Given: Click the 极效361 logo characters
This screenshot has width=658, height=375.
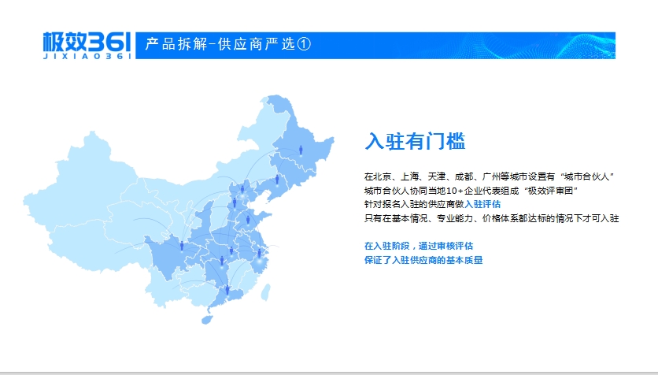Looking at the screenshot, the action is tap(87, 42).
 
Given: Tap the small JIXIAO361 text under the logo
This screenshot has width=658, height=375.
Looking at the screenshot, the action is tap(87, 56).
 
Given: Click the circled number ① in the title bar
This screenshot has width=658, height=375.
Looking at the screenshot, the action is tap(304, 43).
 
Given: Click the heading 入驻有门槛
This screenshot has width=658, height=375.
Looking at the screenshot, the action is tap(415, 141).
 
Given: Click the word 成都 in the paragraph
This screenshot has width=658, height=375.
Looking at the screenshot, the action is tap(464, 176).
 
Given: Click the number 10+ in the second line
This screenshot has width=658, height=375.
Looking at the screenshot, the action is tap(454, 191).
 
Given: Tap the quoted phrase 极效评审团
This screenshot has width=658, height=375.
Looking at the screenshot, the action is tap(551, 191).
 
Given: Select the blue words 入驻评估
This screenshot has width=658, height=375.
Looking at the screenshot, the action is tap(482, 205).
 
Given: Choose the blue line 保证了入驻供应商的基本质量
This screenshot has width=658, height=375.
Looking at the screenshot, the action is tap(423, 260).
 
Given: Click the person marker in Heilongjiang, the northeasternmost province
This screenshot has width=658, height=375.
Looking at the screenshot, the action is tap(301, 150).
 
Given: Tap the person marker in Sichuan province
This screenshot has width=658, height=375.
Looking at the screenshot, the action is tap(182, 246).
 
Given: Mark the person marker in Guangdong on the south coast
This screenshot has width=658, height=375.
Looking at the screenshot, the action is tap(227, 290).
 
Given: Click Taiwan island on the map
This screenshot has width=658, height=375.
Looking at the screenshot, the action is tap(266, 292).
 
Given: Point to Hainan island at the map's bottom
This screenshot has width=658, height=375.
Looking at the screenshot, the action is tap(207, 320).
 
